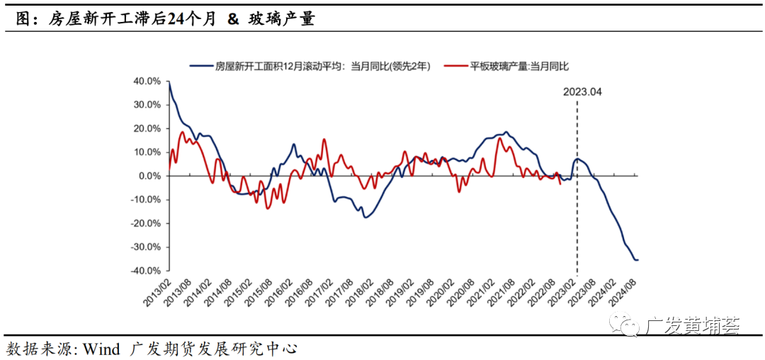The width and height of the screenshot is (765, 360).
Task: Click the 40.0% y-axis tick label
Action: click(x=147, y=81)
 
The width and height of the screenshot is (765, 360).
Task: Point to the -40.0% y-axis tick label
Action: click(x=145, y=271)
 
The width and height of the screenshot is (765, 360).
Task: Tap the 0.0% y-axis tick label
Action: click(x=149, y=176)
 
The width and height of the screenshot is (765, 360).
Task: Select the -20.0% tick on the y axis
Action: click(x=145, y=223)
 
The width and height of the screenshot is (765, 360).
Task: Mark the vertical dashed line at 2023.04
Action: click(x=576, y=213)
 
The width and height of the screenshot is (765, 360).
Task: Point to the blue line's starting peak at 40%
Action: click(x=169, y=82)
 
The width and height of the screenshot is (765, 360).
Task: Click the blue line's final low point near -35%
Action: click(x=636, y=259)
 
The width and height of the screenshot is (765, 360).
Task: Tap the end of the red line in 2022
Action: click(x=561, y=184)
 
